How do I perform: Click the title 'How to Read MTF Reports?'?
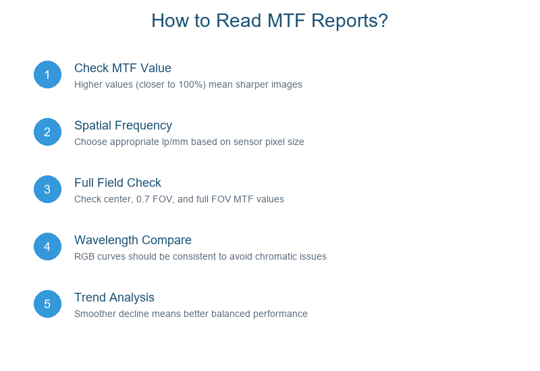(269, 21)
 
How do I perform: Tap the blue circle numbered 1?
(47, 75)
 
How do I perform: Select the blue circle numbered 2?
(47, 132)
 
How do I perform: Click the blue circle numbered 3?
(47, 190)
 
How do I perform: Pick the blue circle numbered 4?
(47, 246)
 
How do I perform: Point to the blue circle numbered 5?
(47, 304)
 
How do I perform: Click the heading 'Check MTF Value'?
(123, 68)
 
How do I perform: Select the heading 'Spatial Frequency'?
(123, 126)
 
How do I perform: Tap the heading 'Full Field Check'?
(117, 183)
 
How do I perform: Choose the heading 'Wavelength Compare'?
(132, 241)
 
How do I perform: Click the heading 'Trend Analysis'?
(114, 298)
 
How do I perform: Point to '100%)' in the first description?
(192, 85)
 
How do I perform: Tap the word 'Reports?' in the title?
(350, 22)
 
